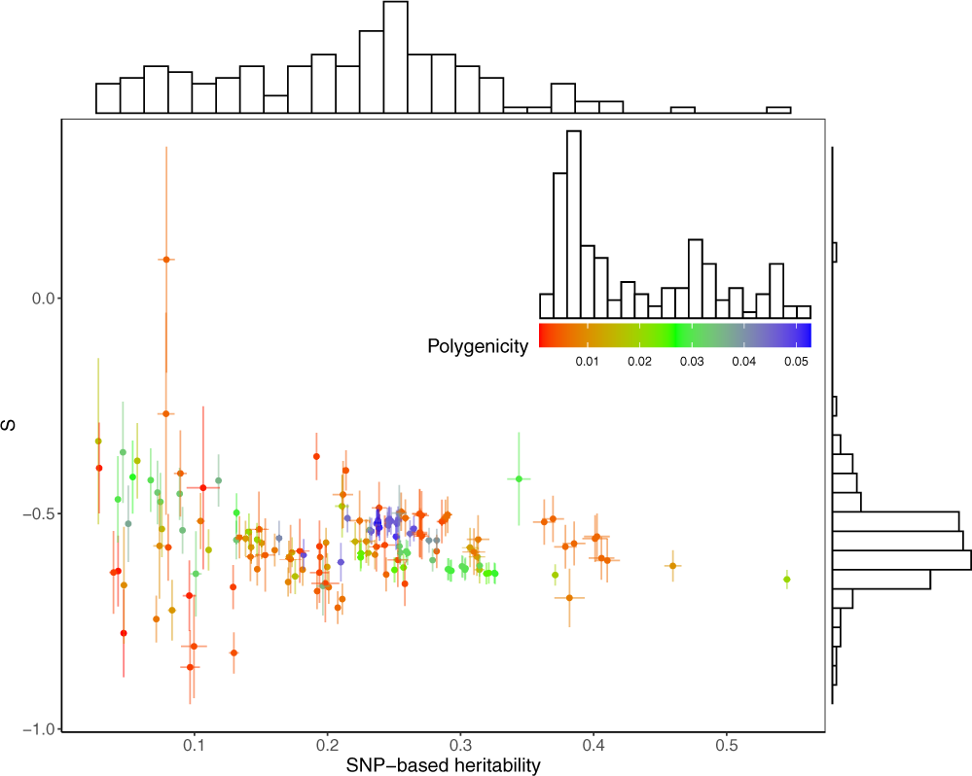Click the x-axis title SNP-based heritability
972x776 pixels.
pyautogui.click(x=443, y=765)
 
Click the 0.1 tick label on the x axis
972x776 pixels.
pyautogui.click(x=195, y=746)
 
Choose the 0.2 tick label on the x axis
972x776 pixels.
pyautogui.click(x=327, y=746)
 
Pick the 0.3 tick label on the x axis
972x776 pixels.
pyautogui.click(x=460, y=746)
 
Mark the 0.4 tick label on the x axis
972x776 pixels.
pyautogui.click(x=593, y=746)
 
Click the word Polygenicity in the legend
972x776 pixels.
pyautogui.click(x=478, y=345)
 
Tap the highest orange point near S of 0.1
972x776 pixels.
pyautogui.click(x=166, y=260)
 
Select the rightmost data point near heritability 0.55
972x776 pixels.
pyautogui.click(x=787, y=580)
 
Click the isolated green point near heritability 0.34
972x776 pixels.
pyautogui.click(x=520, y=478)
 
